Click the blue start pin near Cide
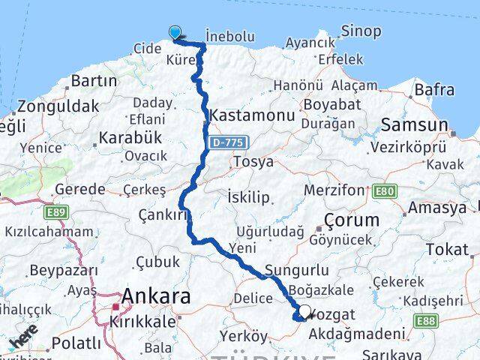[x=175, y=32]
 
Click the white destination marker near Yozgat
[x=304, y=312]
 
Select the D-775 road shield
[x=227, y=141]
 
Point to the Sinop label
[x=361, y=31]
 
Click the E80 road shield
[x=383, y=191]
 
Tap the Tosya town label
[x=253, y=161]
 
